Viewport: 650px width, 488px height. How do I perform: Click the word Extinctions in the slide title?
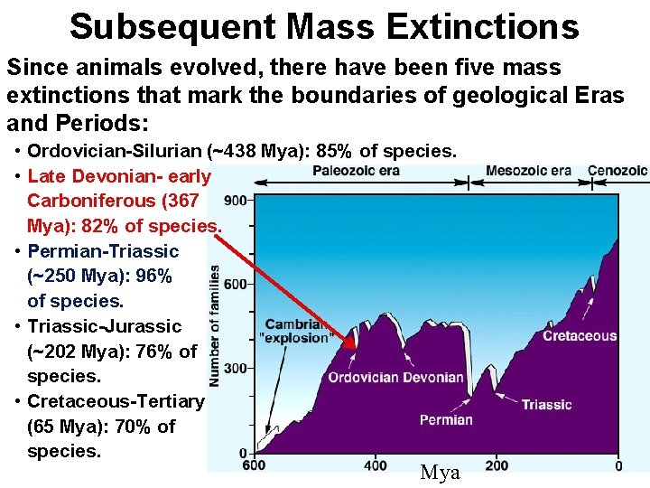(484, 26)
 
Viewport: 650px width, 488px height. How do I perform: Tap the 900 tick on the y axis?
(237, 200)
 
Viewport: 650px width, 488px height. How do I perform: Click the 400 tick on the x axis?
(375, 465)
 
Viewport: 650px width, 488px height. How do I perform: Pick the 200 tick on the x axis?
(496, 465)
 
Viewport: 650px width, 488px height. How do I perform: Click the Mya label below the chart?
(441, 473)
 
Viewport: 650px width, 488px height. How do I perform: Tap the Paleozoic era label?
(356, 171)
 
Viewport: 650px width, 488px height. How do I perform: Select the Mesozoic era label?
(528, 171)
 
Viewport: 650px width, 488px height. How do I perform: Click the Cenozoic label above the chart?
(617, 171)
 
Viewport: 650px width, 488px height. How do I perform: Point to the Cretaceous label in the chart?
(580, 336)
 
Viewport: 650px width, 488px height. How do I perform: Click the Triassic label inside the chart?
(546, 404)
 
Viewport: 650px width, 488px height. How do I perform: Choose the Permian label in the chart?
(446, 419)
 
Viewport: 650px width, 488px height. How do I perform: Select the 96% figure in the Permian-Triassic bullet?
(153, 276)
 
